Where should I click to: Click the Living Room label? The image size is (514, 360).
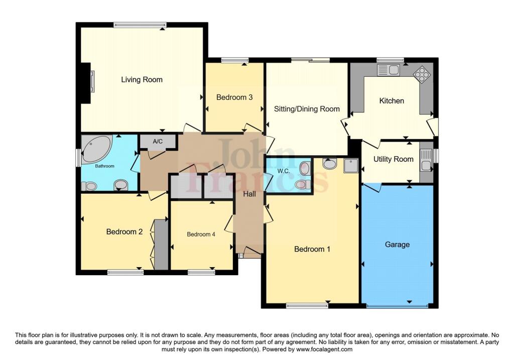click(142, 80)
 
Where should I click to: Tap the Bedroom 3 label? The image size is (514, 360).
click(234, 97)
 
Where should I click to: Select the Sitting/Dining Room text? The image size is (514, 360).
click(307, 109)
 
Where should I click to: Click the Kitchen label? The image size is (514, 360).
click(392, 100)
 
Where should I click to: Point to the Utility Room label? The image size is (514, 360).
click(394, 159)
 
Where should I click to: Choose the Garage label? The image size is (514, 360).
click(398, 245)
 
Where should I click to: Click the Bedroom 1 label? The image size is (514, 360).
click(312, 249)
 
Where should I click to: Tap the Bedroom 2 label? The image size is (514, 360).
click(124, 232)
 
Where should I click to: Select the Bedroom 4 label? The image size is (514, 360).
click(201, 234)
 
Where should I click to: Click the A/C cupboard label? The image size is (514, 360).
click(158, 142)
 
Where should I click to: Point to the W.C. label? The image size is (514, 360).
click(284, 171)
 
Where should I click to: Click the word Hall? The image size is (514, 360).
click(249, 194)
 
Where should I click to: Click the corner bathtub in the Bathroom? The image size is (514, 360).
click(96, 149)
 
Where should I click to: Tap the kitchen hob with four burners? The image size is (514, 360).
click(422, 74)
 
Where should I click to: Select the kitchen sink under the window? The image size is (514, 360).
click(389, 70)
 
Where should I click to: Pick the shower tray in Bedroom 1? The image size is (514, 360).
click(351, 166)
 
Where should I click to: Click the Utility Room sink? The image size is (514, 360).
click(426, 160)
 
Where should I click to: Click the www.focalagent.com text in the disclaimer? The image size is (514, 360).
click(324, 349)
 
